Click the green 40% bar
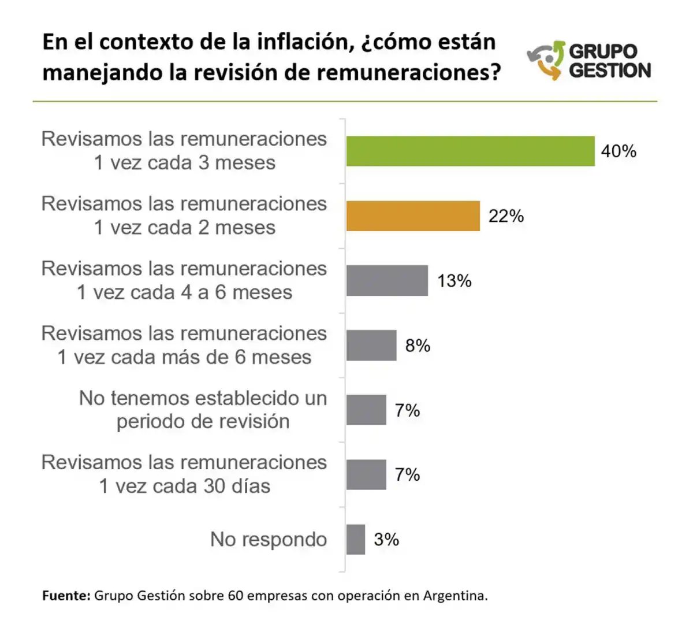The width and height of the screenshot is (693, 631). point(470,151)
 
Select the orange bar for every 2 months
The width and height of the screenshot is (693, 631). point(413,216)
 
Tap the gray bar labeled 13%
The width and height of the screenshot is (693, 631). point(387,281)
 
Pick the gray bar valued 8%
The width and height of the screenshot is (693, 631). point(371,346)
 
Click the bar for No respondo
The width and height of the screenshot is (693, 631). point(356,540)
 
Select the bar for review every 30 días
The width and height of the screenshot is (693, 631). point(366,475)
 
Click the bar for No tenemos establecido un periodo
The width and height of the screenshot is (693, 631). point(366,410)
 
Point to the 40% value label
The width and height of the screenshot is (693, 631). point(619,151)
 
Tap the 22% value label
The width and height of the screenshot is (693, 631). point(506,216)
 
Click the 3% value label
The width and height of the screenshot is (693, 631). point(386,540)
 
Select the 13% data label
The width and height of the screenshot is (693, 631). point(454,281)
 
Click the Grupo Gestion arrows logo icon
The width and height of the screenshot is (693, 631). point(545,60)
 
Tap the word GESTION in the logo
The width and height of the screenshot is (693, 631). point(610,70)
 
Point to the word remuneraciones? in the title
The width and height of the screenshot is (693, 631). point(409,73)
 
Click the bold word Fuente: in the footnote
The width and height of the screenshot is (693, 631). point(66,596)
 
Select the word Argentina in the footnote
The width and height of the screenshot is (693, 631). point(455,596)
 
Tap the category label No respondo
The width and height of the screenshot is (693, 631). point(269,539)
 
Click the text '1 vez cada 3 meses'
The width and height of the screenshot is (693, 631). point(185,163)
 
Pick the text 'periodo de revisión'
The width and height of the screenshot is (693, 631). point(203,422)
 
